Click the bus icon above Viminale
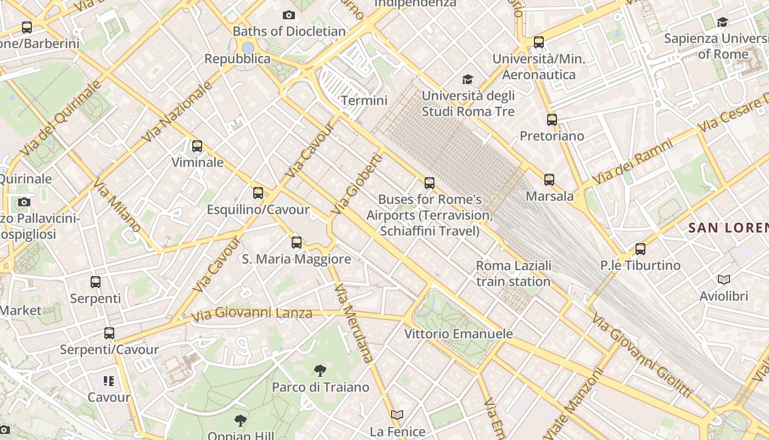197,146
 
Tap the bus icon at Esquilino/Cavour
258,193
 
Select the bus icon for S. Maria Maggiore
297,242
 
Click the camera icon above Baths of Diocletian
288,15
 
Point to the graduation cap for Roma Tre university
467,80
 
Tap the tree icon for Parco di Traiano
320,371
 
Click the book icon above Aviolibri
724,280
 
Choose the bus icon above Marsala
549,179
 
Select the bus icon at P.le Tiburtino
640,249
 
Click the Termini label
364,101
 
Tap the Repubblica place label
237,59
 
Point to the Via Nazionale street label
177,112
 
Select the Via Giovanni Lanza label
252,314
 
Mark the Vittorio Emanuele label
459,334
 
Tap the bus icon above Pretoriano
552,119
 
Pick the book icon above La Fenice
397,415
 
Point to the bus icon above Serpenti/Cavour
109,333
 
